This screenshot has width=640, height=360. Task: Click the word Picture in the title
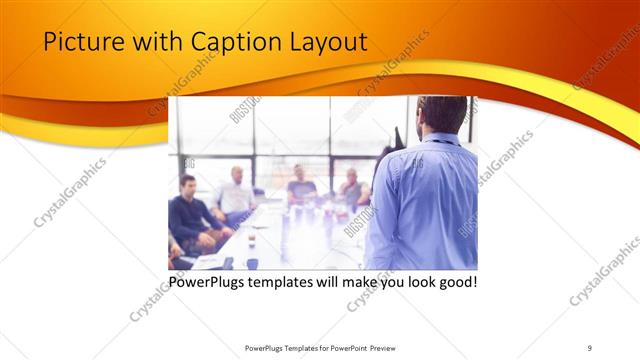click(x=79, y=42)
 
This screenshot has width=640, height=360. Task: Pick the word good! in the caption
click(x=454, y=282)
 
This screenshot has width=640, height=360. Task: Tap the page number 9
click(x=590, y=347)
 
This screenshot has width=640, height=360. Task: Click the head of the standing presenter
click(x=441, y=116)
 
